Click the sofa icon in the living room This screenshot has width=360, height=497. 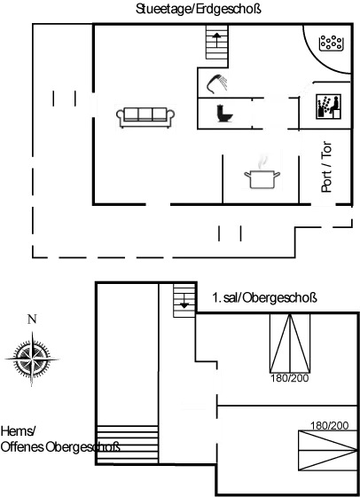point(145,117)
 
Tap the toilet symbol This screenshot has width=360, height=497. point(225,114)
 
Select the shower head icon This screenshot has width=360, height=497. point(217,83)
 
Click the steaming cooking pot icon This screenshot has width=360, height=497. point(262,174)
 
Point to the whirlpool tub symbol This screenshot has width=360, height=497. point(332,43)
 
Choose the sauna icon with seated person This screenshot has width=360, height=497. point(329,106)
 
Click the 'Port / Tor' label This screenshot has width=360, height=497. point(326,167)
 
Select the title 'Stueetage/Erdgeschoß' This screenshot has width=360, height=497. point(199,9)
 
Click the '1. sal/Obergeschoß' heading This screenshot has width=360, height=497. point(264,298)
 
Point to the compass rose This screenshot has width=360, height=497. point(32,359)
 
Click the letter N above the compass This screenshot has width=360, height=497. point(32,319)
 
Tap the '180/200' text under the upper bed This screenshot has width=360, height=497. point(289,378)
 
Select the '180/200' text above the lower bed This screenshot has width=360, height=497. point(329,425)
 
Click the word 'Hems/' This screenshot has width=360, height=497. point(18,431)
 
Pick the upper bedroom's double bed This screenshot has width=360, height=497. point(290,343)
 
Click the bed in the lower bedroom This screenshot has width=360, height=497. point(328,450)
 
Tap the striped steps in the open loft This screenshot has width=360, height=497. point(128,445)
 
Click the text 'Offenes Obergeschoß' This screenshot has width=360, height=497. point(60,447)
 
